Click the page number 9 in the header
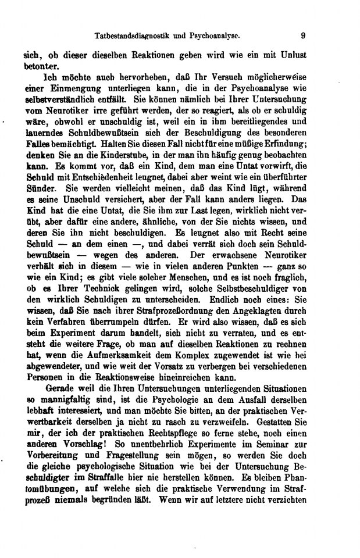(303, 35)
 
